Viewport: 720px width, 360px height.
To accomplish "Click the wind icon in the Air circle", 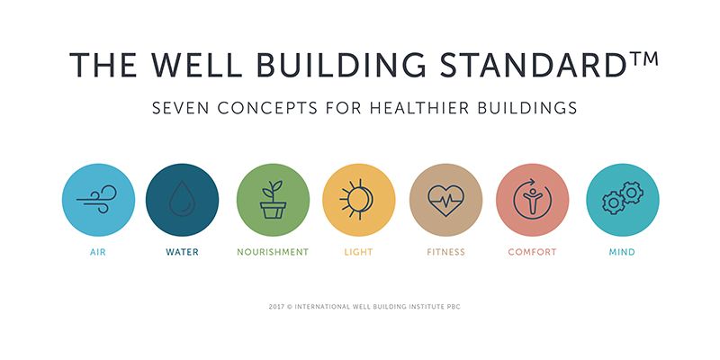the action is point(96,200).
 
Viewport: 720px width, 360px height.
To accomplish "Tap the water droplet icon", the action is point(183,199).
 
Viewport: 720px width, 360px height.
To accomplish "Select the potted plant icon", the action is point(273,200).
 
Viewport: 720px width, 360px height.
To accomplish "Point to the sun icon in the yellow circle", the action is point(356,200).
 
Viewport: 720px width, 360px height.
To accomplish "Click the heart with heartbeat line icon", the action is point(445,200).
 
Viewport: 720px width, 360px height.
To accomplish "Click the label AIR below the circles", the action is point(98,252).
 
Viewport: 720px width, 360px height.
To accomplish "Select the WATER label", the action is point(183,252).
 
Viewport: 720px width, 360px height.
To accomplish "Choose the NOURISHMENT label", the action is point(273,252).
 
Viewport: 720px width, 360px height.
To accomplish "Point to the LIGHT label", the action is point(358,252).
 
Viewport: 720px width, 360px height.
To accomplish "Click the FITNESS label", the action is point(445,252).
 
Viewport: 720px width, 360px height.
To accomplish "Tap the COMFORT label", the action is point(532,252).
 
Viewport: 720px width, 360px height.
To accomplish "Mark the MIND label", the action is point(622,252).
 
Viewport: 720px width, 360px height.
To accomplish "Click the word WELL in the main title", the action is point(197,64).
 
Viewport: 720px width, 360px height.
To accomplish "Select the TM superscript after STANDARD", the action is point(643,59).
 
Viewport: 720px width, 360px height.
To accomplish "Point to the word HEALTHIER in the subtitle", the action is point(419,108).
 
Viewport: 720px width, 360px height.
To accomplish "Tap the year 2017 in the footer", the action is point(276,307).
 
